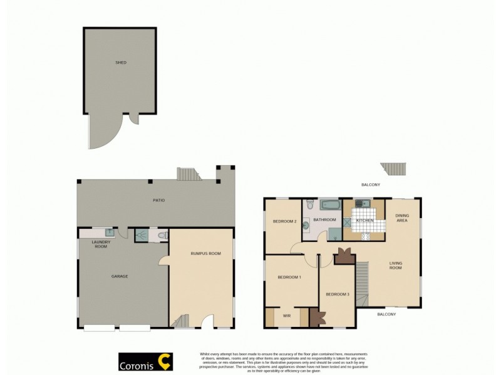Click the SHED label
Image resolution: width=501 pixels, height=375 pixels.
pos(120,62)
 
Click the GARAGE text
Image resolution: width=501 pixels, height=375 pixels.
pos(120,276)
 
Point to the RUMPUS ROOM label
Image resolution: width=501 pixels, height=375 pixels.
pos(206,253)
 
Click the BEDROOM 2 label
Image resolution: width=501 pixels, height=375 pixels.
pos(284,221)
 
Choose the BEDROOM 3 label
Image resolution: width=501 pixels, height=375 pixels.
pos(338,294)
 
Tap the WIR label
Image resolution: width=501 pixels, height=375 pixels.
pos(287,316)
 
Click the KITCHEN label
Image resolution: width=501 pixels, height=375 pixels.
pos(364,221)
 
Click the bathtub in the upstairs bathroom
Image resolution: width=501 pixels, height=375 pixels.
pos(329,204)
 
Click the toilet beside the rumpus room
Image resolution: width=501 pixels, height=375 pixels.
pos(162,235)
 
